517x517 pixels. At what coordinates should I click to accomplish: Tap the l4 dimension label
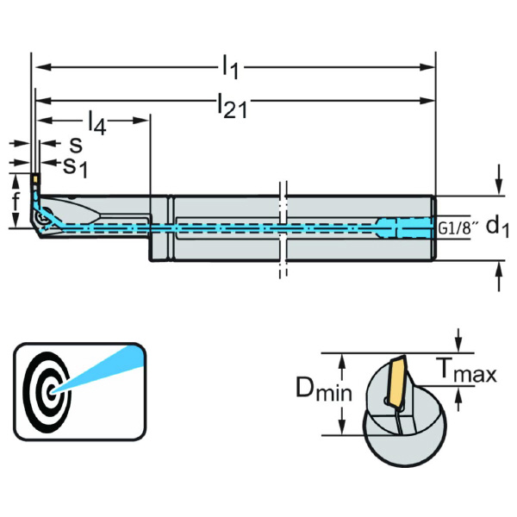(97, 124)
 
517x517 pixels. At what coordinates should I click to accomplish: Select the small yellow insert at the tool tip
(34, 178)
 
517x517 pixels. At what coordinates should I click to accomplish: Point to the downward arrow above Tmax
(460, 341)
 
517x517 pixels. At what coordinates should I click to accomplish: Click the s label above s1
(76, 146)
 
